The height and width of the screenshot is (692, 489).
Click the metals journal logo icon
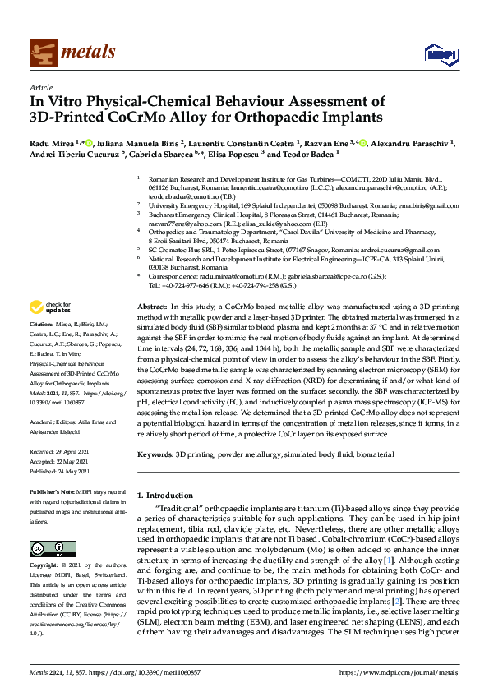(x=42, y=52)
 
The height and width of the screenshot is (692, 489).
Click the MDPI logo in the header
(x=434, y=53)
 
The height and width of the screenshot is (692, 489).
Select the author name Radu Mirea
(x=51, y=145)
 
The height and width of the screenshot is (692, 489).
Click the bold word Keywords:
(x=155, y=454)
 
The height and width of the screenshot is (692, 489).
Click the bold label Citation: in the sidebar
(x=42, y=348)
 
